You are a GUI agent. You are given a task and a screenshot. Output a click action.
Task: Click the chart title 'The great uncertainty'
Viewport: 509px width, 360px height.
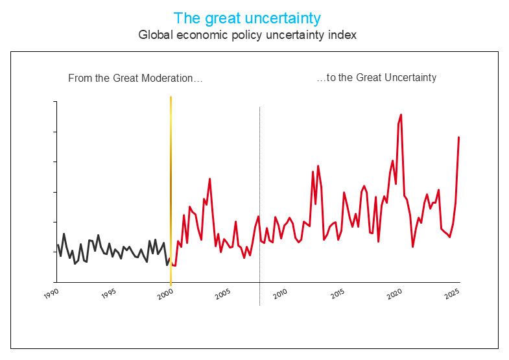pos(247,18)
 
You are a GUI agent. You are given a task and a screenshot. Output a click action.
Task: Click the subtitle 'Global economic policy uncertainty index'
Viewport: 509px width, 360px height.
pos(247,35)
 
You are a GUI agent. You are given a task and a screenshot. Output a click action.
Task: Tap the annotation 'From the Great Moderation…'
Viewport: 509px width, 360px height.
pos(136,78)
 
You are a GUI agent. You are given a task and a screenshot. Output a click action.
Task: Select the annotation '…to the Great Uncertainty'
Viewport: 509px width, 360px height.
pos(376,78)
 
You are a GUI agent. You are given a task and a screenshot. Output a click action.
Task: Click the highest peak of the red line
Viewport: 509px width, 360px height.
pos(401,115)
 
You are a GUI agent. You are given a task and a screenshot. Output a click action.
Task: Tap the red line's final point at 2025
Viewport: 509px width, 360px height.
pos(459,138)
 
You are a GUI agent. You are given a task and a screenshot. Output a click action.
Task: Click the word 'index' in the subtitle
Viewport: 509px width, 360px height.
pos(343,35)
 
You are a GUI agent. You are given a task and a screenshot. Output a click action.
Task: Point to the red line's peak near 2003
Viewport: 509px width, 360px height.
pos(209,178)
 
